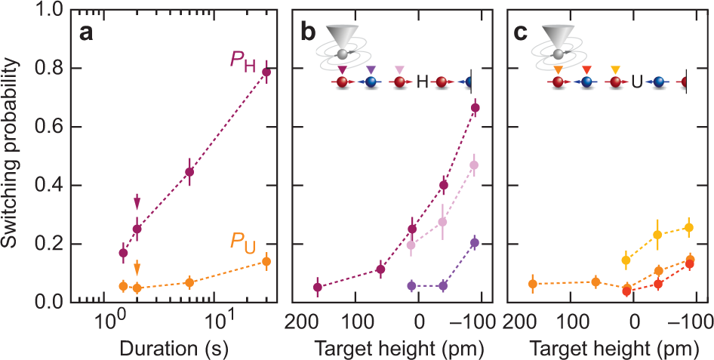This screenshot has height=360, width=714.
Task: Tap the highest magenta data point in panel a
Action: click(x=266, y=72)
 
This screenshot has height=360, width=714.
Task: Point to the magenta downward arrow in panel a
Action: click(x=137, y=202)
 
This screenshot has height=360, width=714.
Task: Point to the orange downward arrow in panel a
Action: click(x=137, y=268)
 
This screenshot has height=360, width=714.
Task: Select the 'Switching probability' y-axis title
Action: click(x=12, y=157)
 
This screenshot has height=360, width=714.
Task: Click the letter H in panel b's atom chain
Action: click(x=422, y=82)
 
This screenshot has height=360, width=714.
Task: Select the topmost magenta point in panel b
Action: click(x=475, y=108)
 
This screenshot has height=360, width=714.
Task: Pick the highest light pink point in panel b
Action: click(x=474, y=165)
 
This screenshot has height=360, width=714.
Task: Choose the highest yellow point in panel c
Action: click(x=688, y=227)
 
